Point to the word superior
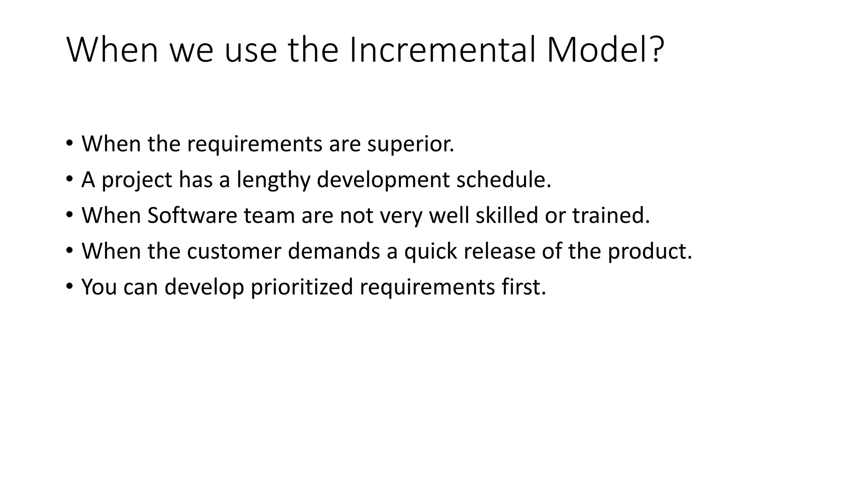[410, 144]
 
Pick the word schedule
[504, 180]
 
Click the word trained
[611, 216]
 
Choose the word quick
[430, 252]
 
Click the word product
[649, 252]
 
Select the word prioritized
[302, 287]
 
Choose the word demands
[334, 251]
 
